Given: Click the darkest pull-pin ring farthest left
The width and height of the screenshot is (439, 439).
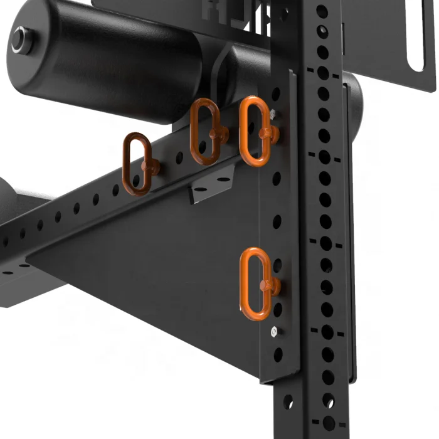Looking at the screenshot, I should [137, 164].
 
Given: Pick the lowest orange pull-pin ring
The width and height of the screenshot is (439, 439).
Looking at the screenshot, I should [256, 283].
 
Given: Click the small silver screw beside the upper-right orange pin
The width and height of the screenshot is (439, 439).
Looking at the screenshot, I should [274, 114].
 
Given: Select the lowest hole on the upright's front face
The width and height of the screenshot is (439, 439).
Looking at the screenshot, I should [328, 420].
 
